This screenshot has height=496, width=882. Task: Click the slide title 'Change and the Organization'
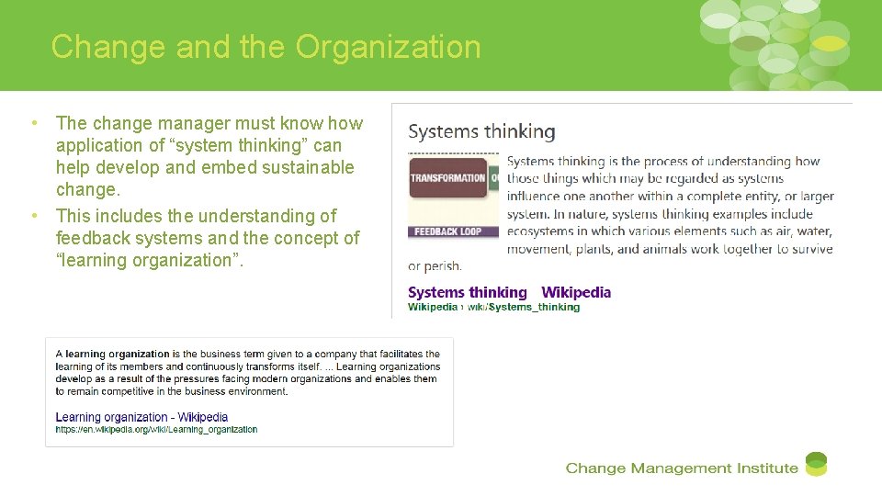coord(266,47)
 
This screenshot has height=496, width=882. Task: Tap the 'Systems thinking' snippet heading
coord(481,131)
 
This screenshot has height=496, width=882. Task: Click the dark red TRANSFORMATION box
coord(447,178)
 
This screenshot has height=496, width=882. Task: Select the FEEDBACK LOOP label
coord(447,231)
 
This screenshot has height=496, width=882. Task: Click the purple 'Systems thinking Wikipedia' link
coord(509,292)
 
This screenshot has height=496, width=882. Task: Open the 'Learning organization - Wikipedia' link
coord(141,417)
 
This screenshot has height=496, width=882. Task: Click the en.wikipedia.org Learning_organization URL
coord(156,429)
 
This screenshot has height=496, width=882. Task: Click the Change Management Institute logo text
coord(681,468)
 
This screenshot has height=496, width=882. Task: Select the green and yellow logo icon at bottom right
coord(816,464)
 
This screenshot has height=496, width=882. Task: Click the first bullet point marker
coord(33,123)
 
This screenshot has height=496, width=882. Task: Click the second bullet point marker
coord(33,216)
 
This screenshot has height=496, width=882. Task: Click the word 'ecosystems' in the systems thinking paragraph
coord(543,231)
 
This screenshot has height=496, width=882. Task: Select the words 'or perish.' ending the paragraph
coord(435,266)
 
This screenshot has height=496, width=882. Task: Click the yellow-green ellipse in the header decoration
coord(830,42)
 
